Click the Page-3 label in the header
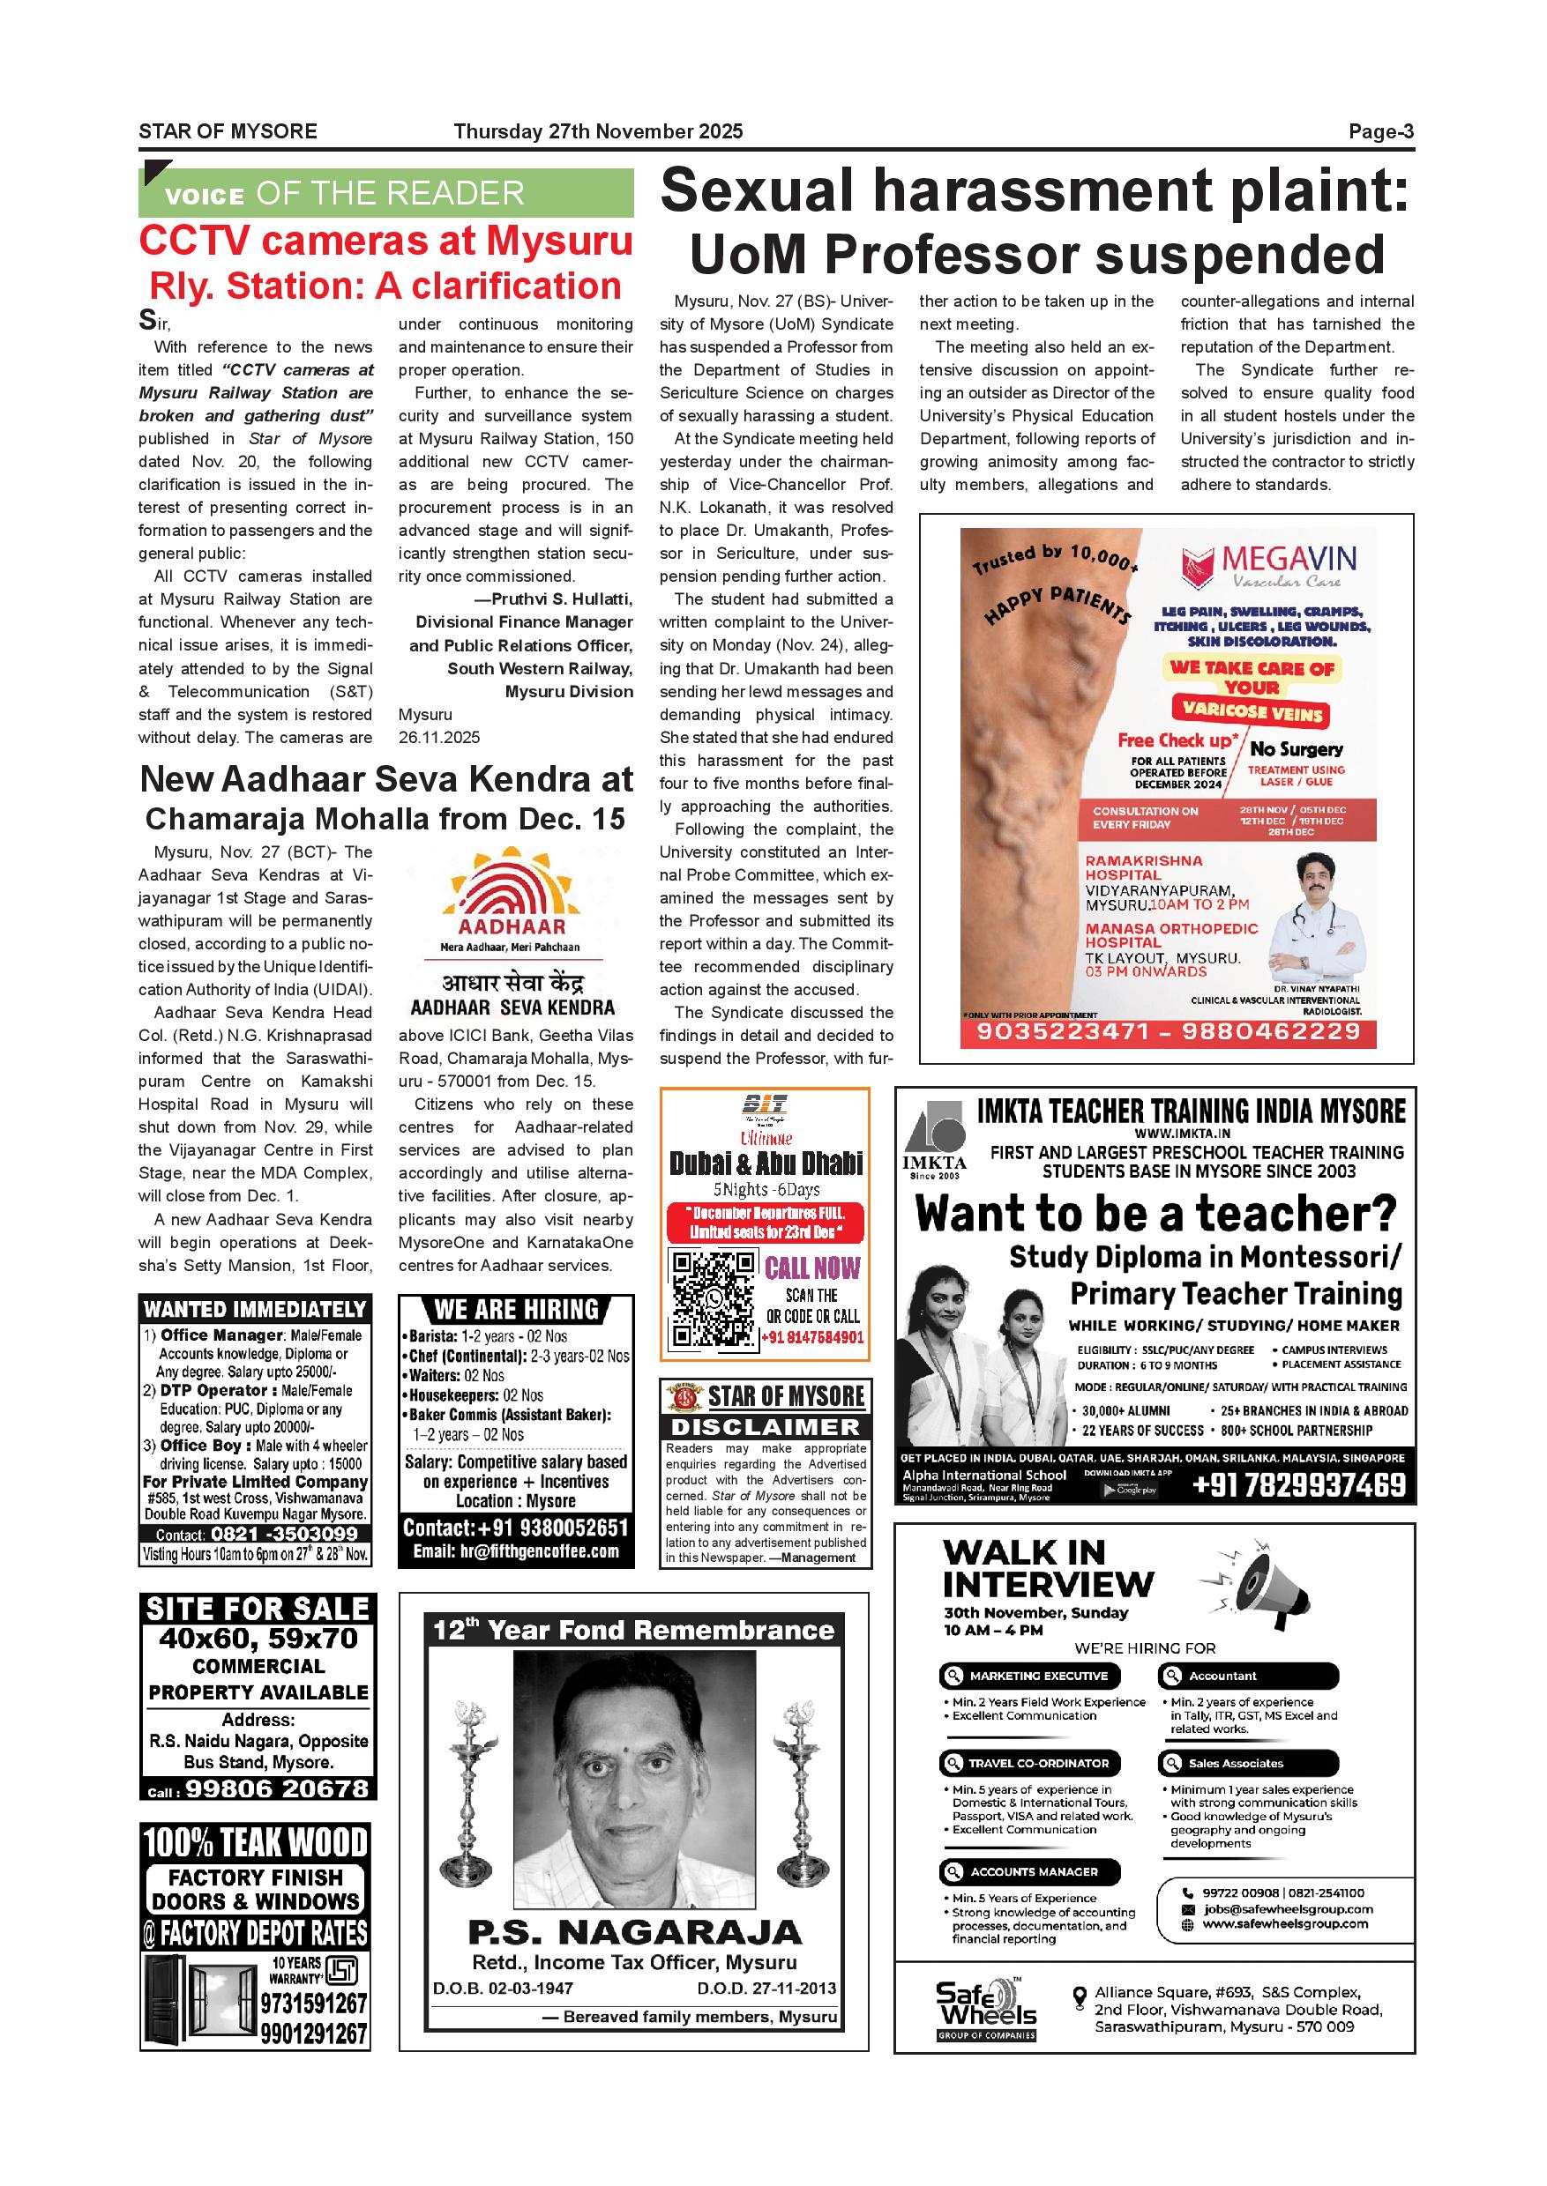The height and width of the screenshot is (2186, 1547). pyautogui.click(x=1380, y=132)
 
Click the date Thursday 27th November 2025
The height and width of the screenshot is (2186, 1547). pyautogui.click(x=597, y=132)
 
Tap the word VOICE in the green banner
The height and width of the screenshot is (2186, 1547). pyautogui.click(x=204, y=197)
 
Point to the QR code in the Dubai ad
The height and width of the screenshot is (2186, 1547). pyautogui.click(x=714, y=1298)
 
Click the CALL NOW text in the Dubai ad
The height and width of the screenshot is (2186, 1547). pyautogui.click(x=811, y=1268)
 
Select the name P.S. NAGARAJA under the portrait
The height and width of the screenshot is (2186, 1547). pyautogui.click(x=634, y=1932)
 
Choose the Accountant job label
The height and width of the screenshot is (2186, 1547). pyautogui.click(x=1222, y=1676)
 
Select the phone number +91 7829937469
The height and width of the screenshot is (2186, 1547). pyautogui.click(x=1298, y=1485)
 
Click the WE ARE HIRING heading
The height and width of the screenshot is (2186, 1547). pyautogui.click(x=516, y=1310)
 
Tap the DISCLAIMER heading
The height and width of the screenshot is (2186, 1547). pyautogui.click(x=765, y=1427)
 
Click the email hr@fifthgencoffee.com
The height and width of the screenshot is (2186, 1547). pyautogui.click(x=515, y=1551)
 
